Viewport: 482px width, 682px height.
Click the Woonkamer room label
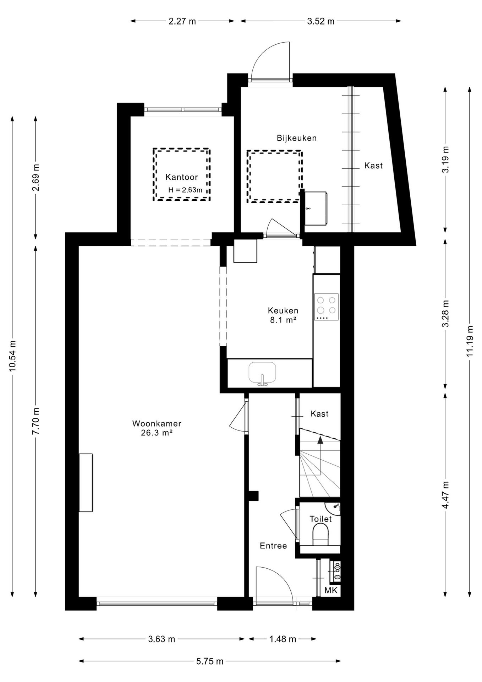[x=157, y=423]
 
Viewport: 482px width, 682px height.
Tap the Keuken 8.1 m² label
[x=283, y=315]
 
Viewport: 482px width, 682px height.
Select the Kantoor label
[x=182, y=177]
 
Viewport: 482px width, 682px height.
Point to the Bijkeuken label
[x=297, y=138]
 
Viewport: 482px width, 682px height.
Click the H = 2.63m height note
[x=185, y=190]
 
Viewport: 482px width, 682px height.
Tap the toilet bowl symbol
[x=321, y=534]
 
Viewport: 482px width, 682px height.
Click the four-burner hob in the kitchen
[x=326, y=307]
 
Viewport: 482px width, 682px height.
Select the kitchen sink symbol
[x=262, y=374]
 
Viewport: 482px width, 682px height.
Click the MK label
[x=331, y=590]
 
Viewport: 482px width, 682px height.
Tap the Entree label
[x=273, y=546]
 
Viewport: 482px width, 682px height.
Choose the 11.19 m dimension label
[x=470, y=341]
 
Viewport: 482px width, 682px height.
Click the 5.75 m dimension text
[x=210, y=661]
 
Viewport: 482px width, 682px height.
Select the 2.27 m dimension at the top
[x=182, y=21]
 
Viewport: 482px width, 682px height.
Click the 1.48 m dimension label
[x=283, y=639]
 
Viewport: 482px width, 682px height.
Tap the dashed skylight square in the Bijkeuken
[x=275, y=177]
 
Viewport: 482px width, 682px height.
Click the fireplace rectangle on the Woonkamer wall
[x=86, y=483]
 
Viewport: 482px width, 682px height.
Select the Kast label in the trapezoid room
[x=373, y=166]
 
